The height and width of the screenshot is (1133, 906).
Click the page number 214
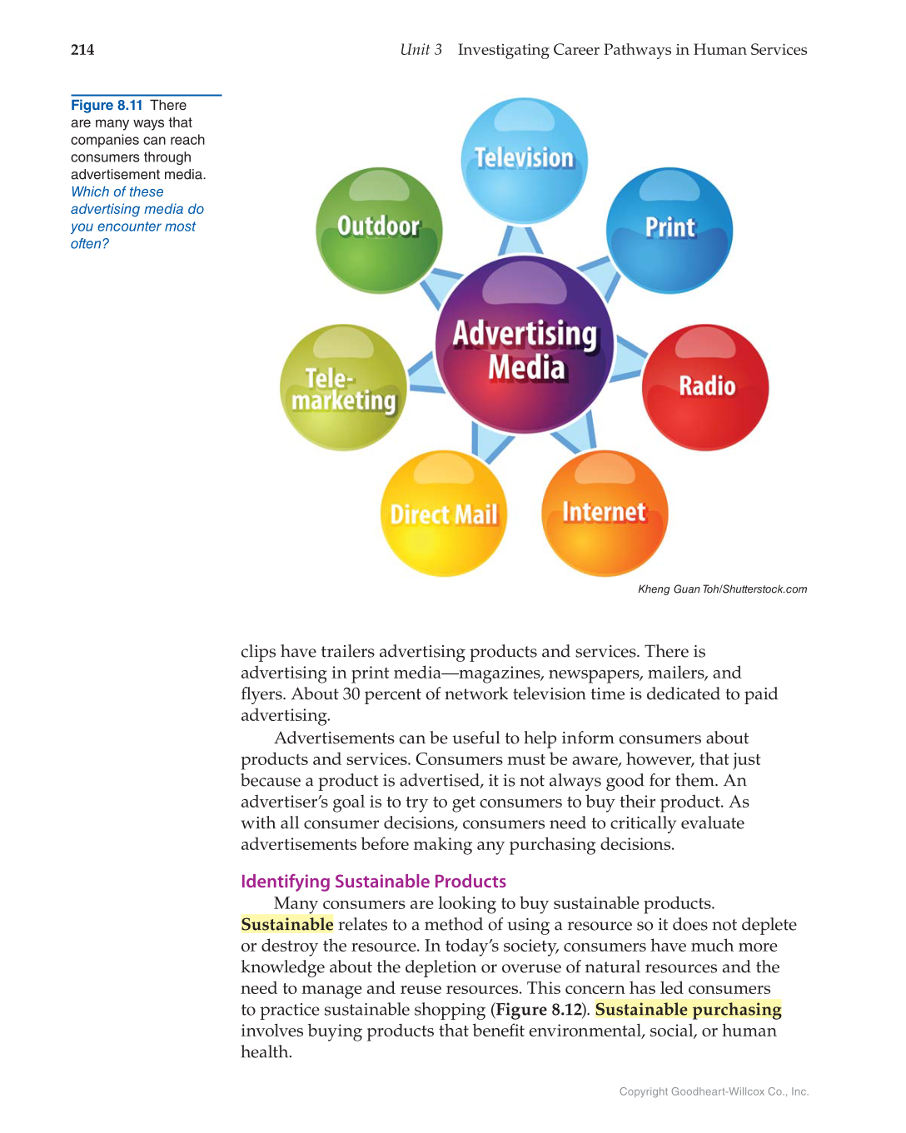[82, 50]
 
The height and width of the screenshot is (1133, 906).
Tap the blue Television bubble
[524, 161]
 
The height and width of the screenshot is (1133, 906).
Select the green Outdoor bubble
[379, 231]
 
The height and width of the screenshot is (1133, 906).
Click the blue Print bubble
[670, 231]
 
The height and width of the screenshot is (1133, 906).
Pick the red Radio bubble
[705, 387]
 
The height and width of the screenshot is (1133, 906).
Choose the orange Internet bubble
[605, 513]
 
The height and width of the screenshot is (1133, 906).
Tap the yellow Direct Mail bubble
[444, 514]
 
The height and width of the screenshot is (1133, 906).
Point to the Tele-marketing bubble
[343, 388]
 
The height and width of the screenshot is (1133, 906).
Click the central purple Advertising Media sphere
[525, 345]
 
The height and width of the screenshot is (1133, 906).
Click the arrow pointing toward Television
[520, 241]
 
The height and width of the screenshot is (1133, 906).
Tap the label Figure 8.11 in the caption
[107, 106]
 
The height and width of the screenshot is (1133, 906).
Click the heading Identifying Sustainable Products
[373, 882]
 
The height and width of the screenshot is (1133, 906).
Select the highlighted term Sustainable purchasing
[688, 1010]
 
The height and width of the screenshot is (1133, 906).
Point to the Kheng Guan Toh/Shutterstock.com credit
[722, 589]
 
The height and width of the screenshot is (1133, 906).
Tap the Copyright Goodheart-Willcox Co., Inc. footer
[714, 1091]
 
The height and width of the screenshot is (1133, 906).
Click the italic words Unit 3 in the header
[421, 50]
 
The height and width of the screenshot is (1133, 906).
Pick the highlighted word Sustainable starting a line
[287, 925]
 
